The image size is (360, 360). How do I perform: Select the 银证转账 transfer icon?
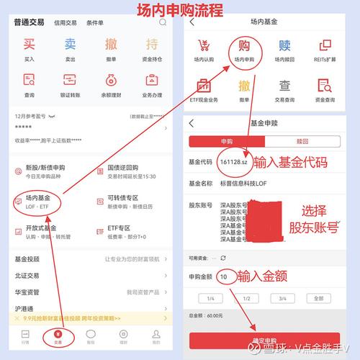tap(70, 81)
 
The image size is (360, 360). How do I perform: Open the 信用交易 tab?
tap(67, 22)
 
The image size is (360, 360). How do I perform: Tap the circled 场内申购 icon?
tap(242, 50)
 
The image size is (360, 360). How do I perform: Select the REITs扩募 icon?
tap(325, 50)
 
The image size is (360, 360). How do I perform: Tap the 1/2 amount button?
tap(246, 298)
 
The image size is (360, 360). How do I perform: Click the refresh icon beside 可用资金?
tap(223, 257)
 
